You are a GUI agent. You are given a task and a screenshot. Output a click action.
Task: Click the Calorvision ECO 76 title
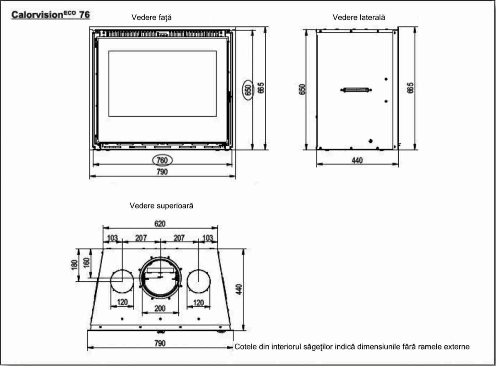(50, 15)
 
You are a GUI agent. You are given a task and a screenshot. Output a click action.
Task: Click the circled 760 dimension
(162, 160)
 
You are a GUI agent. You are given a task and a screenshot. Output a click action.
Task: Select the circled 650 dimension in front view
(248, 89)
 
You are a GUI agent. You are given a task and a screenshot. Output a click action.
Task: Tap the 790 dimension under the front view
(162, 172)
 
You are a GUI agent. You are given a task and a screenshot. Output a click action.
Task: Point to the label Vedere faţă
(151, 17)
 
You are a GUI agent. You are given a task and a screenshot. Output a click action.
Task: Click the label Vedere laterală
(358, 17)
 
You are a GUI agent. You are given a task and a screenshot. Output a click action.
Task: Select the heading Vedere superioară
(161, 206)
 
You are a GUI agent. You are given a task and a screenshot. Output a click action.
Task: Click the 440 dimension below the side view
(357, 160)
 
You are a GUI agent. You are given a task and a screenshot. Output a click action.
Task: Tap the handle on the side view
(356, 90)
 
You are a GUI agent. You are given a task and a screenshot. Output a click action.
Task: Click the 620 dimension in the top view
(160, 224)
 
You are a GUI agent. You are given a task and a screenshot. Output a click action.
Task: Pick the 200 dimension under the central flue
(160, 308)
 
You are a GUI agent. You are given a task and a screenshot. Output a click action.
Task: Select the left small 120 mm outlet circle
(122, 281)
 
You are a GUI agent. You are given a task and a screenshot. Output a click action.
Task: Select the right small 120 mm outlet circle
(198, 281)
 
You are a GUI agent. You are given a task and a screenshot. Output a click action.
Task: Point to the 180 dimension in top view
(74, 265)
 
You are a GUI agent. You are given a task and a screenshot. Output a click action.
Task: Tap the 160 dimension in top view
(86, 262)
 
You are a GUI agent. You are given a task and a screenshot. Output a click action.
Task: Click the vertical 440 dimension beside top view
(239, 289)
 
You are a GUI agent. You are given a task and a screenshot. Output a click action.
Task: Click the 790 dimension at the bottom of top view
(160, 343)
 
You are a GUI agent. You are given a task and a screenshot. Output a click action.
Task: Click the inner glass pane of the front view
(162, 84)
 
